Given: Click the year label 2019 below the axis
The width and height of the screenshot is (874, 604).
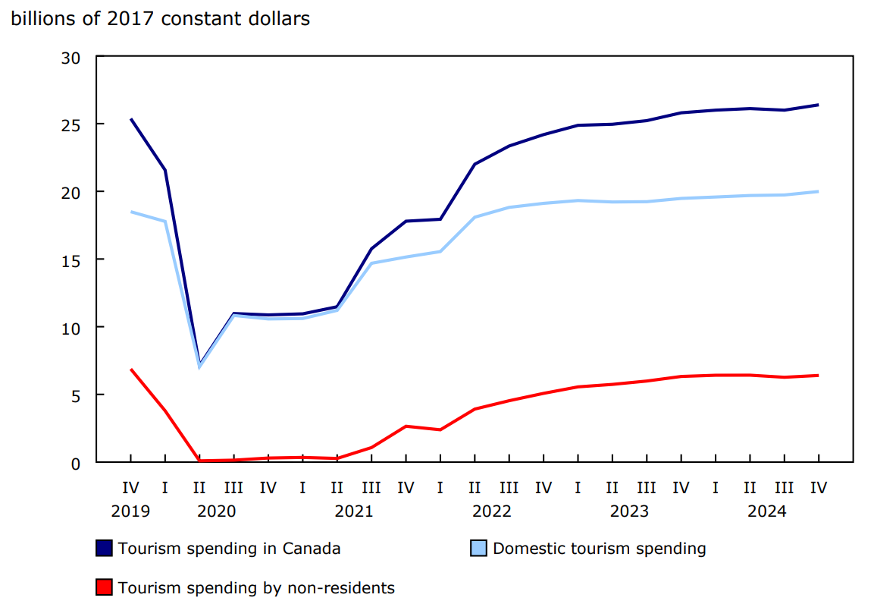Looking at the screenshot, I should pyautogui.click(x=130, y=511).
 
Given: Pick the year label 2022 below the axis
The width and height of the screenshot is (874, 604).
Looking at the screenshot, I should pyautogui.click(x=491, y=511).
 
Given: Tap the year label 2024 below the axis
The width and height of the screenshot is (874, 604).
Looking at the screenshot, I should pyautogui.click(x=766, y=511).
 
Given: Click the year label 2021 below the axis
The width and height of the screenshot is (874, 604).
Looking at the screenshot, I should pyautogui.click(x=354, y=511).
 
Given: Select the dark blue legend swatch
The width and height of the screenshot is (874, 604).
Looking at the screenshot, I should pyautogui.click(x=104, y=549).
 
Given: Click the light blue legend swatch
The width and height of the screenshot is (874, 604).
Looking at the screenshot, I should pyautogui.click(x=478, y=549).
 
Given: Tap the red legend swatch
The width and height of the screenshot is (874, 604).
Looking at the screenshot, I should pyautogui.click(x=104, y=587).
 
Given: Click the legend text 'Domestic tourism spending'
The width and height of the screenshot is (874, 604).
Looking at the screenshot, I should pyautogui.click(x=600, y=549).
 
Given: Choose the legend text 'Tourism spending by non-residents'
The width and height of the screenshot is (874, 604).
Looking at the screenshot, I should pyautogui.click(x=256, y=587).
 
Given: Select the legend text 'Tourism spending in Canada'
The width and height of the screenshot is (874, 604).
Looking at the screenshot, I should pyautogui.click(x=229, y=549).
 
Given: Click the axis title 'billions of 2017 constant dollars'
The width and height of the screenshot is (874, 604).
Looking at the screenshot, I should pyautogui.click(x=160, y=19).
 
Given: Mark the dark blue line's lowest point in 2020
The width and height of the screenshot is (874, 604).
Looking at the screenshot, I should pyautogui.click(x=199, y=363).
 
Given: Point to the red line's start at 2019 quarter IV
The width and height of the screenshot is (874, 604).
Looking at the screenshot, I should pyautogui.click(x=130, y=370).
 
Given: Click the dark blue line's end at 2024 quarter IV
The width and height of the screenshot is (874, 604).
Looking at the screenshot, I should pyautogui.click(x=818, y=105).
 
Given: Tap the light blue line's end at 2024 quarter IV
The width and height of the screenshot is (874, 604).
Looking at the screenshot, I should pyautogui.click(x=818, y=191).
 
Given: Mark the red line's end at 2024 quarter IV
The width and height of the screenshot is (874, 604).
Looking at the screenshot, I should pyautogui.click(x=818, y=375).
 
